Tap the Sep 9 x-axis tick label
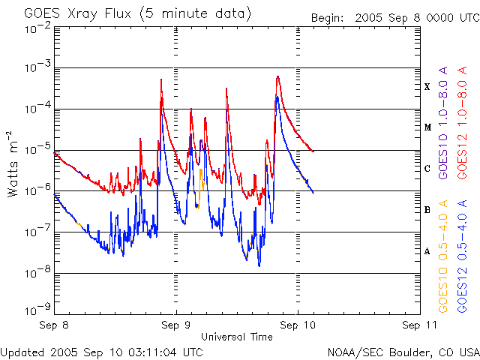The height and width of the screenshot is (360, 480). pyautogui.click(x=176, y=325)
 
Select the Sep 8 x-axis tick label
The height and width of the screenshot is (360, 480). pyautogui.click(x=55, y=325)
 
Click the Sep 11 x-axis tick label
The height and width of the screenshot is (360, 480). pyautogui.click(x=418, y=325)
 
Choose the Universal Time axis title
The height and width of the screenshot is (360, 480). pyautogui.click(x=236, y=337)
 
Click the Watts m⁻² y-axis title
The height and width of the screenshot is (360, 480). pyautogui.click(x=13, y=163)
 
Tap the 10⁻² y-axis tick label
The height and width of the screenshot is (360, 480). pyautogui.click(x=37, y=28)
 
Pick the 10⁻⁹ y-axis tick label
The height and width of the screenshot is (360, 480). pyautogui.click(x=37, y=308)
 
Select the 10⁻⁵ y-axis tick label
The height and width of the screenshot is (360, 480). pyautogui.click(x=37, y=150)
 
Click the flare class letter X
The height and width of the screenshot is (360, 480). pyautogui.click(x=427, y=87)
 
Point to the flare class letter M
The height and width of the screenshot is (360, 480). pyautogui.click(x=427, y=127)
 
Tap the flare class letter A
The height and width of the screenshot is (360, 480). pyautogui.click(x=427, y=251)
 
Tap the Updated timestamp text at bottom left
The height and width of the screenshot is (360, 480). pyautogui.click(x=101, y=351)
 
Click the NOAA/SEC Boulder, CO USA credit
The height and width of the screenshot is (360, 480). pyautogui.click(x=403, y=351)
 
